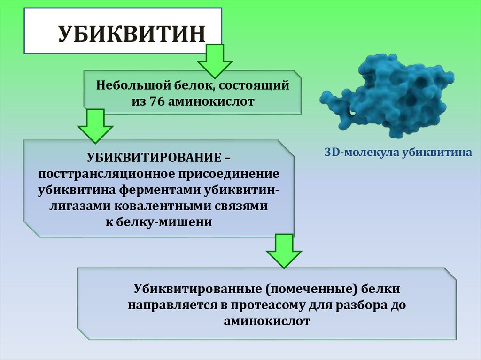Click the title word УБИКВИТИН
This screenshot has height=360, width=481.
tap(132, 35)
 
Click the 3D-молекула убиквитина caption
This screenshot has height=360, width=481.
tap(398, 153)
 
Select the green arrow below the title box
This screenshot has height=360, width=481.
tap(215, 61)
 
